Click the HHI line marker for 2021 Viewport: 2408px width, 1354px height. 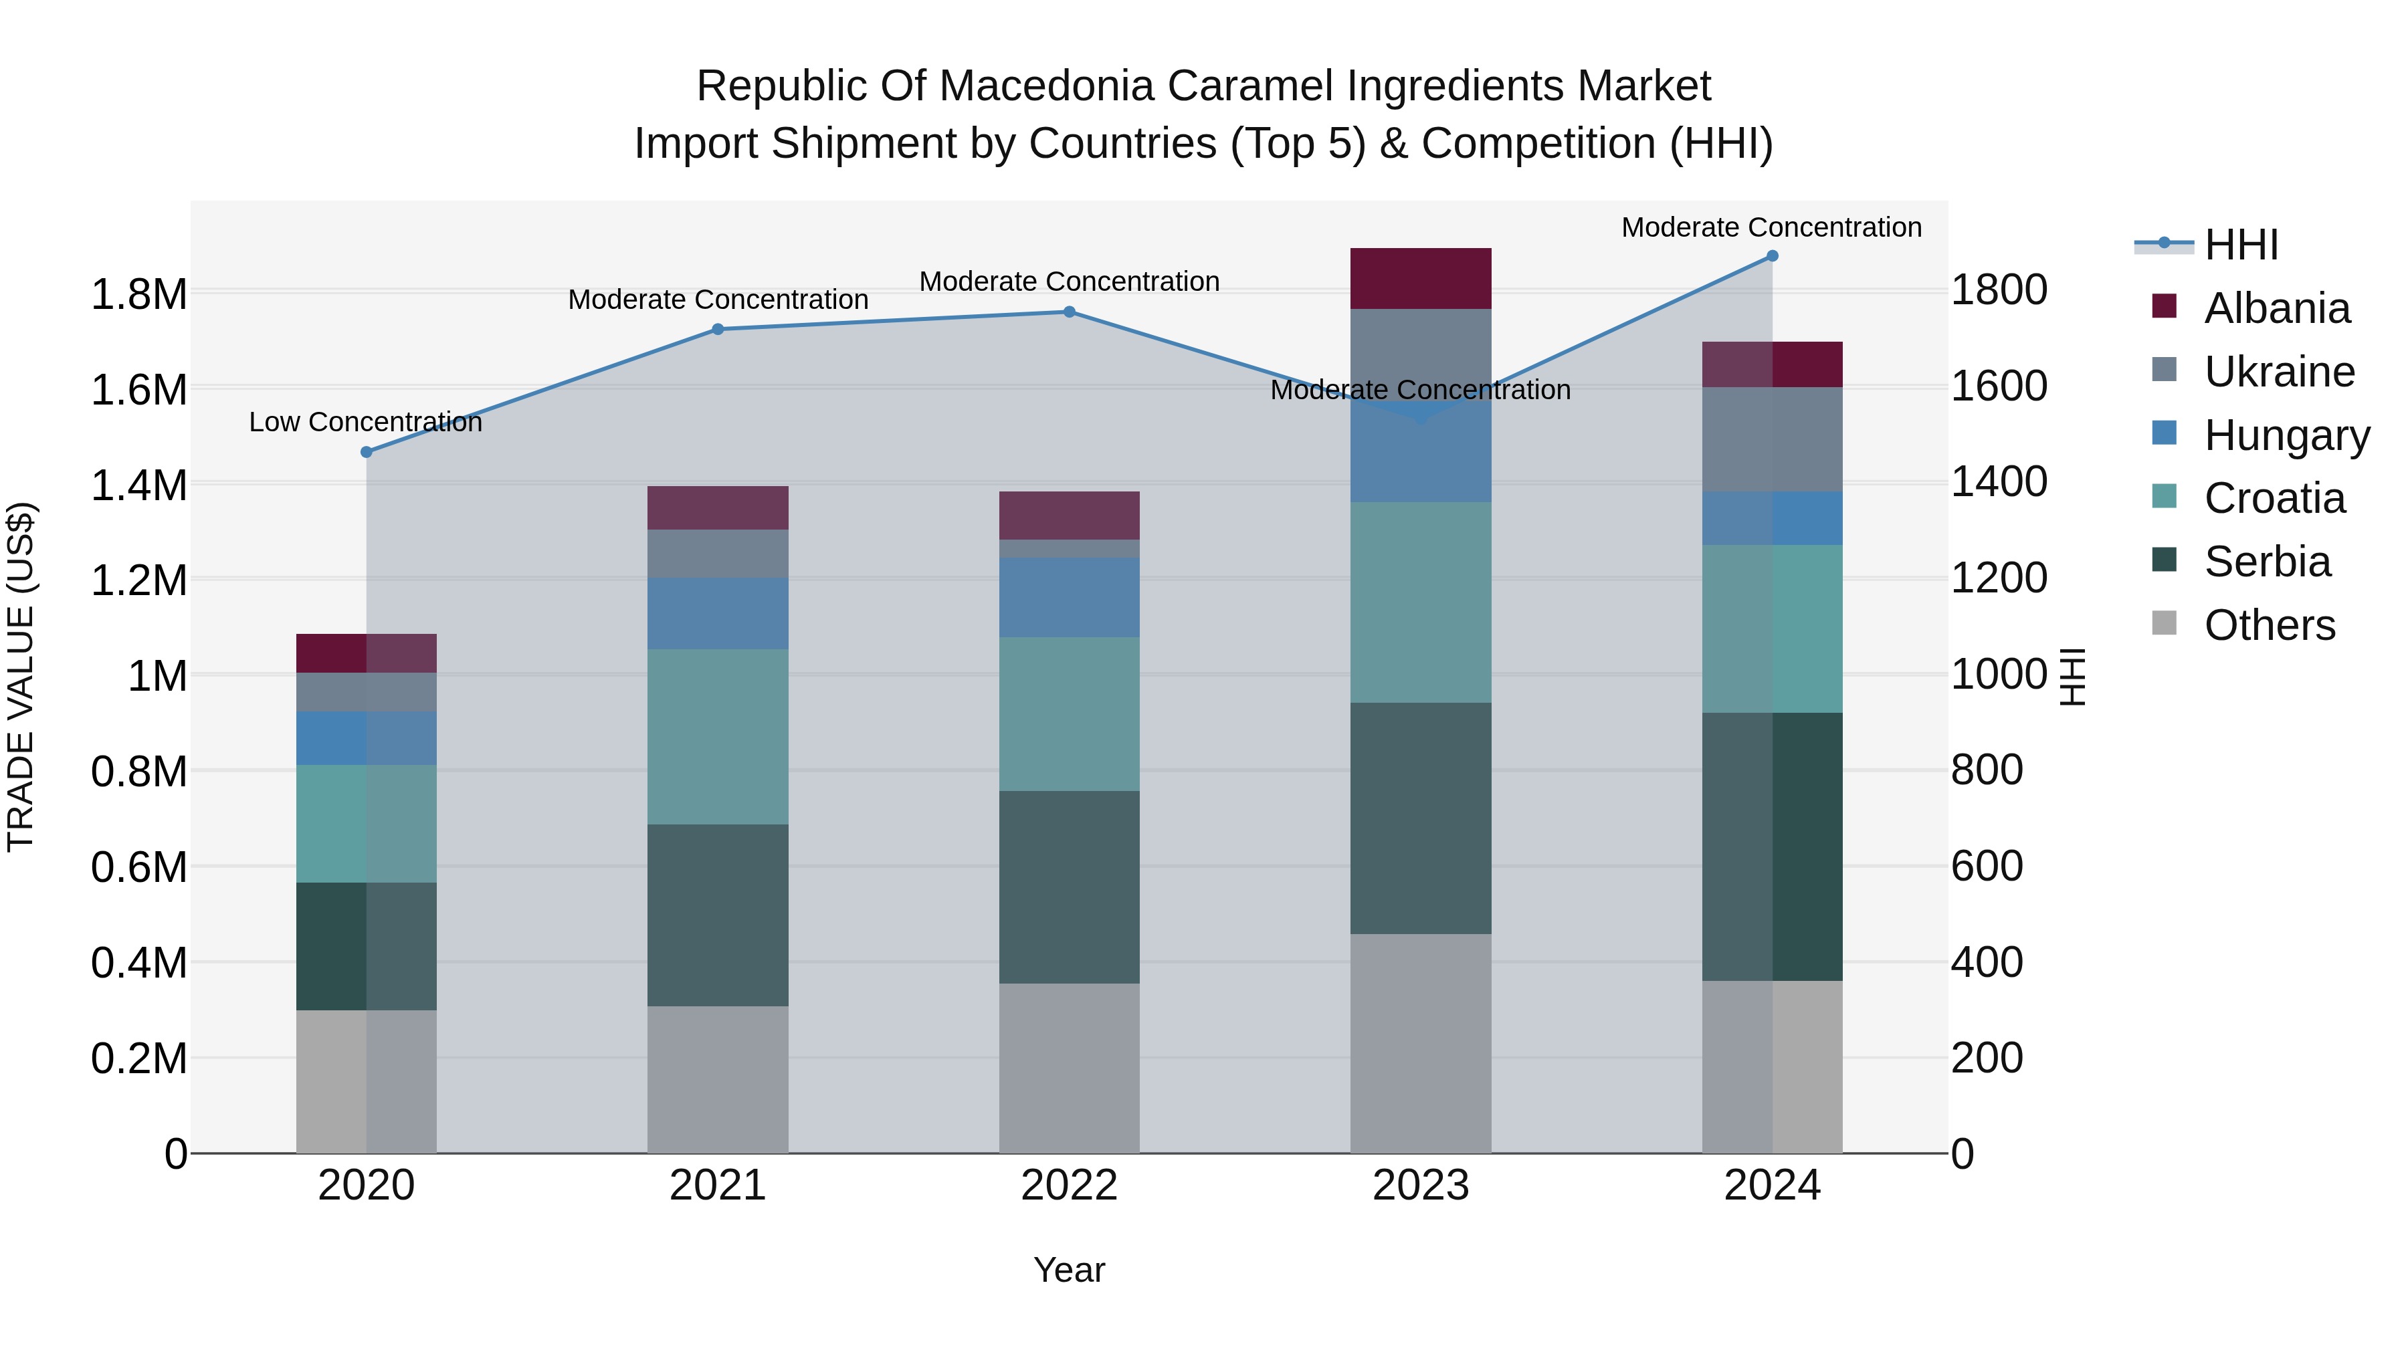[x=718, y=329]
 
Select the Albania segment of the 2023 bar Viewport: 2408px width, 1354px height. [x=1420, y=278]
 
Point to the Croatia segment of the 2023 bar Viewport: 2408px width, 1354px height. [x=1420, y=602]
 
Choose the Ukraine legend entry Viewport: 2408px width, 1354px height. [x=2278, y=372]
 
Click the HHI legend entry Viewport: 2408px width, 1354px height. [x=2241, y=245]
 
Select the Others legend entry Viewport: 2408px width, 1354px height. [x=2269, y=625]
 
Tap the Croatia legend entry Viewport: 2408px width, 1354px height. [x=2274, y=498]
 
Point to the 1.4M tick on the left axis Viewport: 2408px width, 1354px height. [x=139, y=486]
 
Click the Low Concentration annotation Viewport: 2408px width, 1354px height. [x=365, y=423]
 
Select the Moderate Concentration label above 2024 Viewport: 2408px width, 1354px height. [x=1771, y=227]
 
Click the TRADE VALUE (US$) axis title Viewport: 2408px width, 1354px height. [x=21, y=677]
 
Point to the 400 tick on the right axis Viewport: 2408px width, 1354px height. [x=1987, y=962]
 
